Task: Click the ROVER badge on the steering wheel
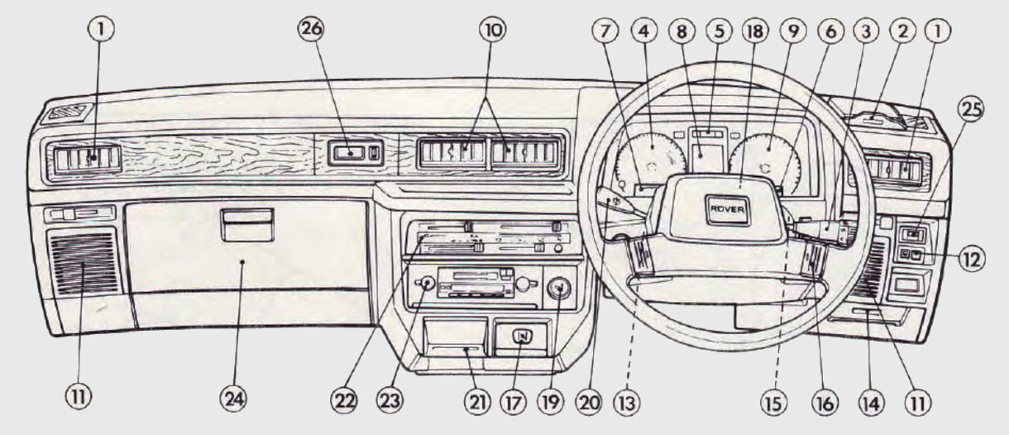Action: (728, 210)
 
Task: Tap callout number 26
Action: (313, 31)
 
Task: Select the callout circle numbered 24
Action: (232, 399)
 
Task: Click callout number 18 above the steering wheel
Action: (758, 31)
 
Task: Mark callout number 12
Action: (973, 259)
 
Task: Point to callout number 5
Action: (719, 31)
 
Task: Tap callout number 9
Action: (795, 31)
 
